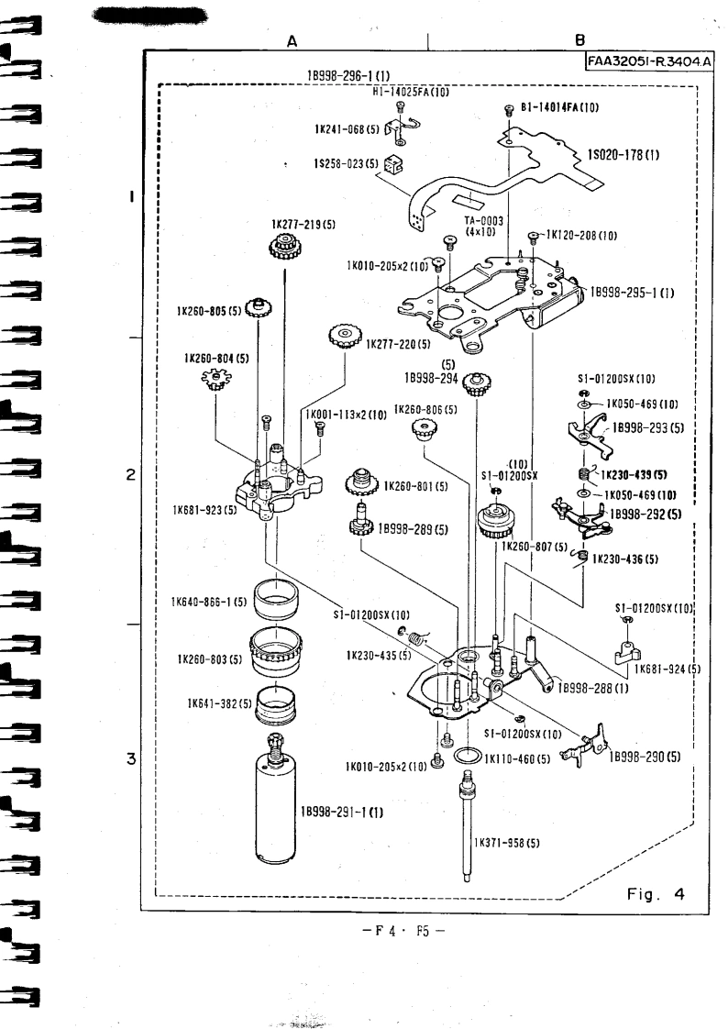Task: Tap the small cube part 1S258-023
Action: [x=394, y=165]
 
